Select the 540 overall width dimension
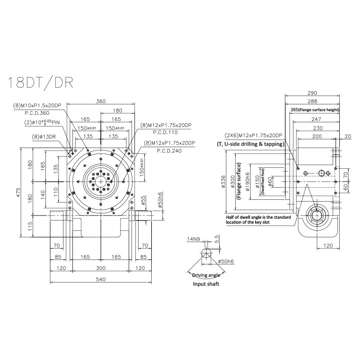click(101, 279)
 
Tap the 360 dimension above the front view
click(101, 101)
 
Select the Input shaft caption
click(206, 284)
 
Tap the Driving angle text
click(206, 275)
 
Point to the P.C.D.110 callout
click(166, 133)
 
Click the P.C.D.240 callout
click(169, 151)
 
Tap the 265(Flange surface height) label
click(315, 109)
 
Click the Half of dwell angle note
click(258, 220)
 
